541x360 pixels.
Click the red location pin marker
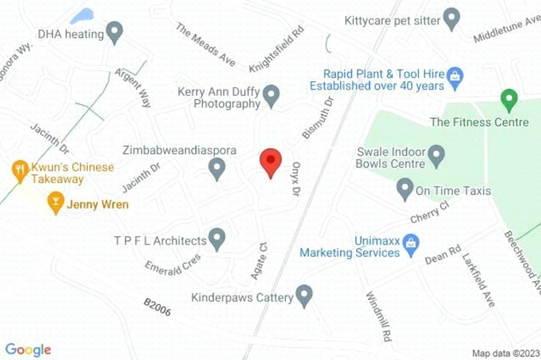270,161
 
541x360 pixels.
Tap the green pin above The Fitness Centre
509,100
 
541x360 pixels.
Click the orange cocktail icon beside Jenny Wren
56,202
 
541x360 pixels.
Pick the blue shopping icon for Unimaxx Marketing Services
411,245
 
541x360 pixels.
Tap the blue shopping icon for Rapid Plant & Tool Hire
455,77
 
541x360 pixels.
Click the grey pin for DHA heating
114,32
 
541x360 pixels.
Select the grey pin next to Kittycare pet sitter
451,19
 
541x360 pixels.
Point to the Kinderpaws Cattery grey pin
304,295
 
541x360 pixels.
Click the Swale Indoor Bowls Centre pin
436,155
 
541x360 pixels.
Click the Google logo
28,350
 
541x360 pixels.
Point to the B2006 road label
157,307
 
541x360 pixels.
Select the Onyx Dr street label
296,178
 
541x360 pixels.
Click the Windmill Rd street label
379,316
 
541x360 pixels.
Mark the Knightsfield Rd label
276,49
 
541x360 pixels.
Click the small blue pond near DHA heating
82,16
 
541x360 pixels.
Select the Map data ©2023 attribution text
505,353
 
